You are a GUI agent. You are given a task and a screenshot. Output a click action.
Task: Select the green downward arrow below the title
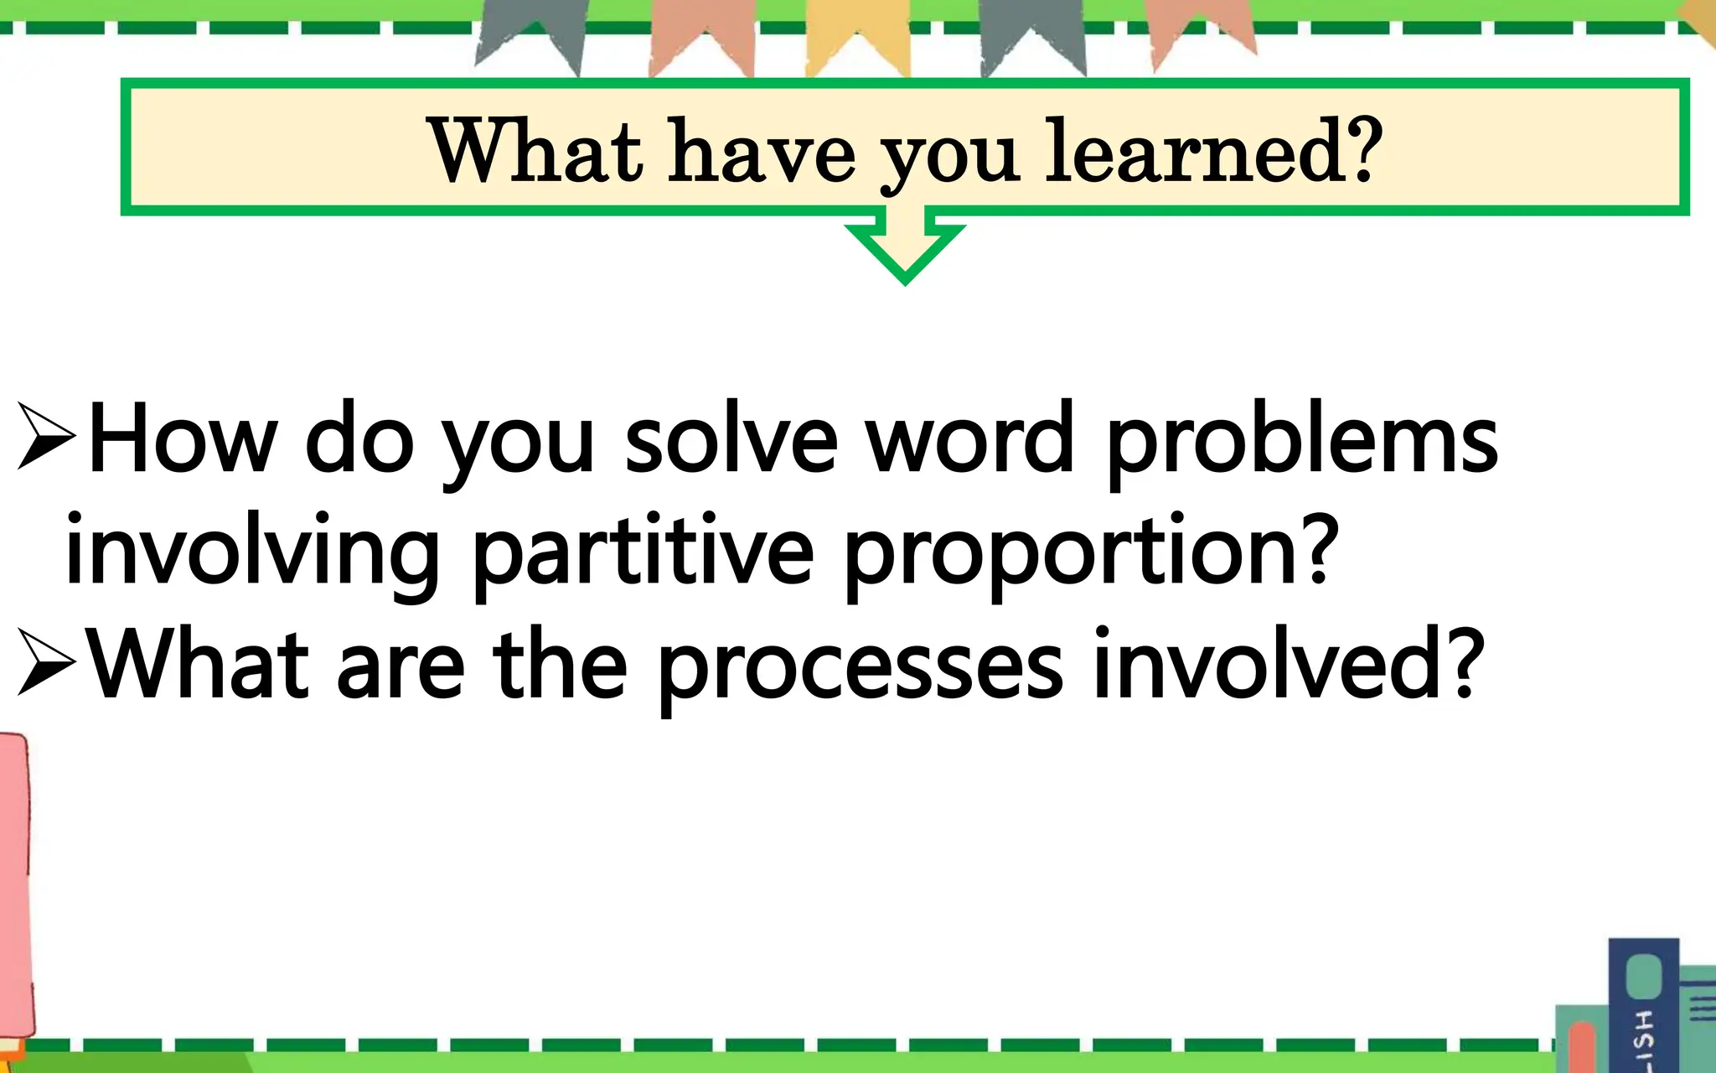[x=905, y=248]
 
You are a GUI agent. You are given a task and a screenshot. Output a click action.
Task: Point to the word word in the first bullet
[x=969, y=440]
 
